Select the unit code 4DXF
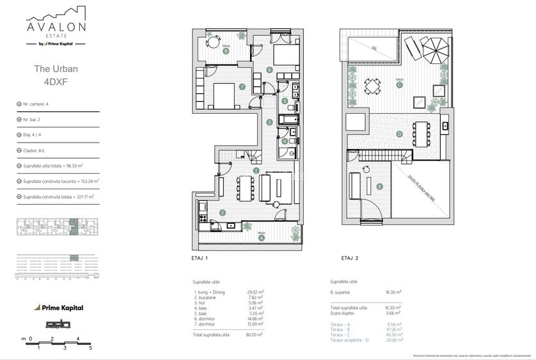55,82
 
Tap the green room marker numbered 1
256,171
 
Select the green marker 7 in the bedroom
242,87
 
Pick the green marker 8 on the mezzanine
379,187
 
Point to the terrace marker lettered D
399,134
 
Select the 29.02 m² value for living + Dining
255,292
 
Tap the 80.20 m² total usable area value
255,335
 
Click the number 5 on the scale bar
91,348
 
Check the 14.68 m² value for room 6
255,319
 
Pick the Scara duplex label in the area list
345,313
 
